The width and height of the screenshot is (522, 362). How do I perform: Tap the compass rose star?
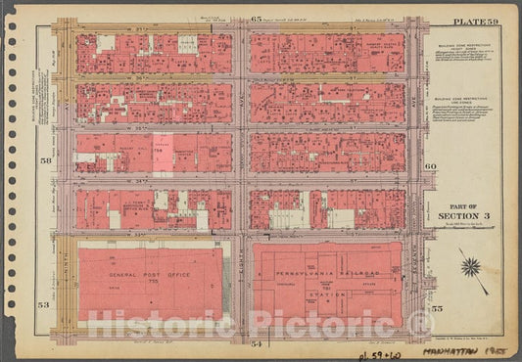(471, 266)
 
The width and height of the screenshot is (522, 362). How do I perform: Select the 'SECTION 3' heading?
(457, 216)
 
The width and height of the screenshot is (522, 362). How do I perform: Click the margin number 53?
(44, 307)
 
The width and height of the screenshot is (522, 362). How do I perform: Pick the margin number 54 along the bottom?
(256, 344)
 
